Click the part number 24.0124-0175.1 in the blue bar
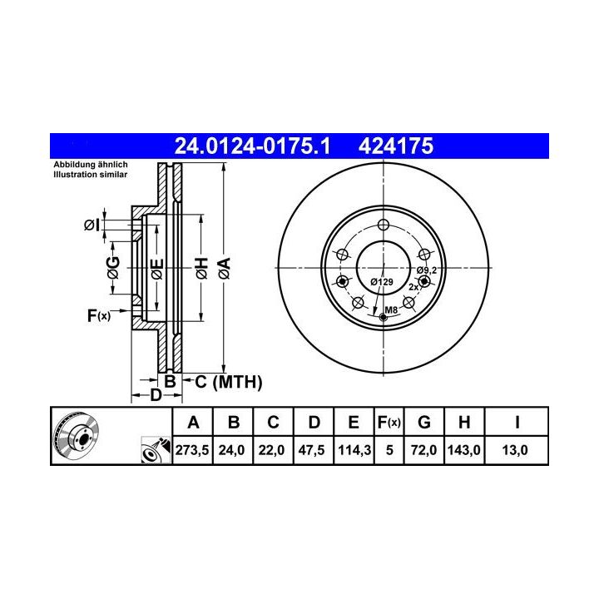tap(252, 146)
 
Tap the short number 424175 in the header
tap(396, 146)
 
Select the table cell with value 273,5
tap(192, 450)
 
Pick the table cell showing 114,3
tap(354, 450)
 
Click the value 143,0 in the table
tap(463, 450)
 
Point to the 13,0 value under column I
tap(515, 450)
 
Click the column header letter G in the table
tap(424, 423)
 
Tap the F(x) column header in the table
tap(389, 423)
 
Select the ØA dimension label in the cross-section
tap(225, 268)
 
